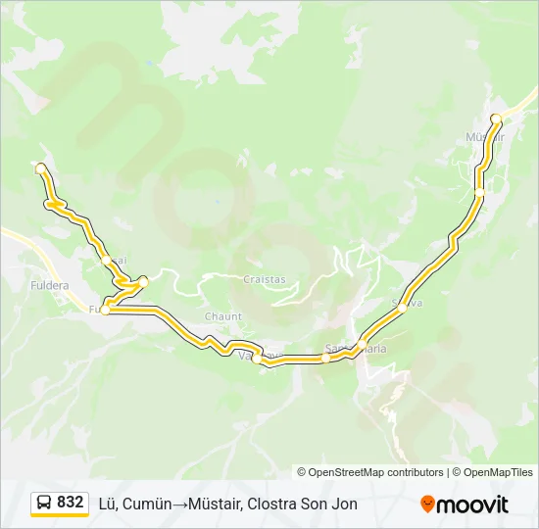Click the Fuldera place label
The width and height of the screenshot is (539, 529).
coord(49,285)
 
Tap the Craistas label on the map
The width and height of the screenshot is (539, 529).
coord(265,279)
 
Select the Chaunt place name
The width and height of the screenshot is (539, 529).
coord(222,316)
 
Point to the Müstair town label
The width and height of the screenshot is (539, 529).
coord(485,136)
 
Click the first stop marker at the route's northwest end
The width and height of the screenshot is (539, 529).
coord(40,168)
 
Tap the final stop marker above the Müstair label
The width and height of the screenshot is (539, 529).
coord(496,120)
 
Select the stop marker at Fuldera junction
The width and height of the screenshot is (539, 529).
coord(105,310)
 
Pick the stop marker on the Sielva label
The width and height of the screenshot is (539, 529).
coord(402,308)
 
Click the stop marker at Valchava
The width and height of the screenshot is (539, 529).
coord(257,359)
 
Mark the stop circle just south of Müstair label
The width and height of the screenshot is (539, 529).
coord(479,193)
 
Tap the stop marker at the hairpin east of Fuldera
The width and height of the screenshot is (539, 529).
coord(143,282)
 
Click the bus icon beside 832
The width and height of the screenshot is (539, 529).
coord(44,503)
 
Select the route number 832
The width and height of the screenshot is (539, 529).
coord(71,503)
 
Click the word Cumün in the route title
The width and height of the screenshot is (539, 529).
coord(149,504)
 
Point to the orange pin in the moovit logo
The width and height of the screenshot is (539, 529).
coord(427,505)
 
